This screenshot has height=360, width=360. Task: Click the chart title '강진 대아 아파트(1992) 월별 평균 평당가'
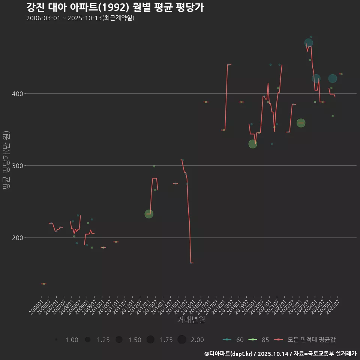[x=115, y=7]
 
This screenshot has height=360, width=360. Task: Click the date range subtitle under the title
[x=80, y=18]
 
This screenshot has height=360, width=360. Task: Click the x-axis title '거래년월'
[x=191, y=320]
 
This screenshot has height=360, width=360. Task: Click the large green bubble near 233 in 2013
[x=149, y=214]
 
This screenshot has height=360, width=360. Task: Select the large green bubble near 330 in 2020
[x=253, y=144]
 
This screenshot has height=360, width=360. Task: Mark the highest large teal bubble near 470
[x=309, y=43]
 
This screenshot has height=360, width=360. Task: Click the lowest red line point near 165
[x=191, y=263]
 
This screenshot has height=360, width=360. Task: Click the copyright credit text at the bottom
[x=280, y=354]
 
